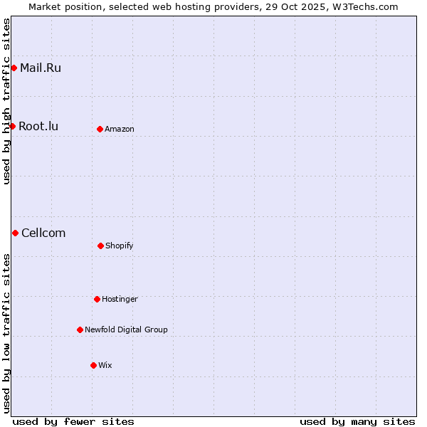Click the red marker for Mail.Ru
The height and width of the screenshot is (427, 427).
pos(14,68)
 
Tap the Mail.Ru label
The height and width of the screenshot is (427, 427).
pos(40,68)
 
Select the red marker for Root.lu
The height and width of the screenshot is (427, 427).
pos(12,127)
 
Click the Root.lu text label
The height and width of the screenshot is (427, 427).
pos(38,127)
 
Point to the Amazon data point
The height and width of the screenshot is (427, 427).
pos(100,129)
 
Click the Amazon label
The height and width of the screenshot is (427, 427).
pos(120,130)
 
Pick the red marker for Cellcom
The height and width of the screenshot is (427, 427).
pos(15,233)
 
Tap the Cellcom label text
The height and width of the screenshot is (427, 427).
pos(43,233)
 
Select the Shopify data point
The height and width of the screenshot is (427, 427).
pos(100,246)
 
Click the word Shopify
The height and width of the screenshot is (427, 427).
pos(120,246)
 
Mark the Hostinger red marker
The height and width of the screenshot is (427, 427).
pos(97,299)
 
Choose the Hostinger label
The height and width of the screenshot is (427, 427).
pos(120,300)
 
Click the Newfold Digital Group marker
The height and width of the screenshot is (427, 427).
pos(80,330)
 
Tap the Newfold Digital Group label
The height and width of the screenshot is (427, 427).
pos(126,330)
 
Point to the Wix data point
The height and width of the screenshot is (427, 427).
pos(93,365)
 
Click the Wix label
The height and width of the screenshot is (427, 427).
pos(105,366)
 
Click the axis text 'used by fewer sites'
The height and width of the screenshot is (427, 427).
pos(73,421)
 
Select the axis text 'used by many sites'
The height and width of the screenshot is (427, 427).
pos(357,421)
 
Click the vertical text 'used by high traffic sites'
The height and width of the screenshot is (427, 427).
pos(6,101)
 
